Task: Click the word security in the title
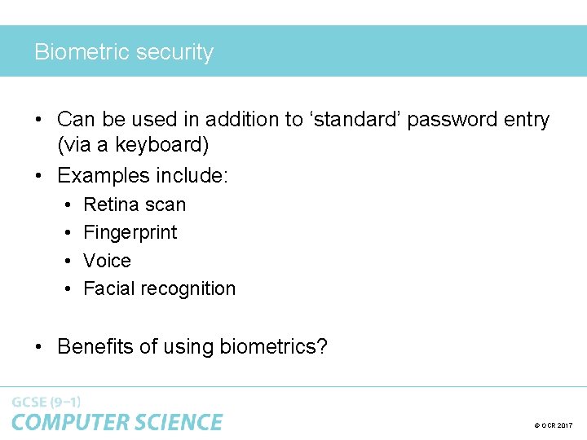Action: click(174, 52)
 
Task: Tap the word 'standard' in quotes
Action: click(355, 119)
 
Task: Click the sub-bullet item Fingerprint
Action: click(130, 233)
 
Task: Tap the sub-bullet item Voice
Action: click(108, 261)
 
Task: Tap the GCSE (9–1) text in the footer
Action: click(46, 402)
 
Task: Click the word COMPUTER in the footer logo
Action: click(64, 422)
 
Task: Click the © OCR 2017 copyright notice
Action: click(554, 425)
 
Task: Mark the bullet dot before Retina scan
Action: click(68, 205)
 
